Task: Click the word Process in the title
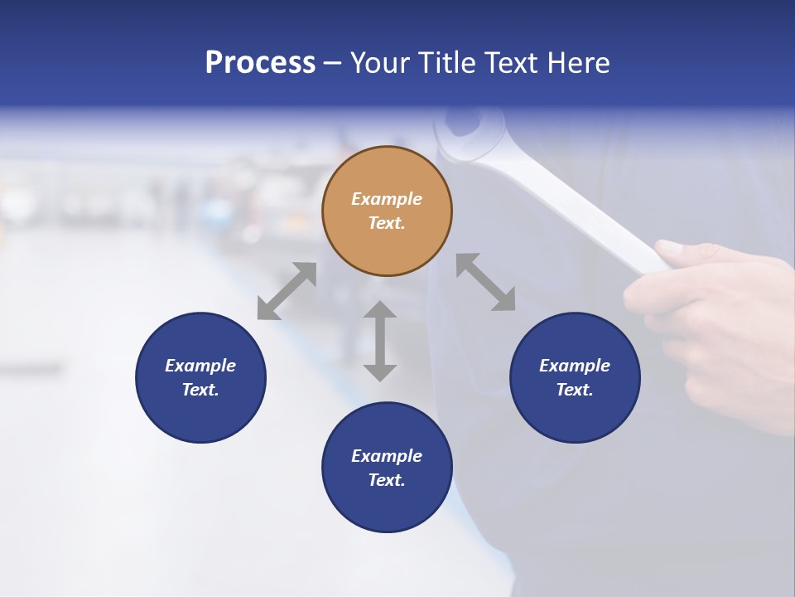(260, 63)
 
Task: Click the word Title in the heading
(447, 63)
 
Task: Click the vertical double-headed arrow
(380, 341)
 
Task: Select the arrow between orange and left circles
(287, 291)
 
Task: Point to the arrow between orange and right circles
(485, 282)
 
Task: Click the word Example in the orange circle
(387, 199)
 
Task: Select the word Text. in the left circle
(200, 390)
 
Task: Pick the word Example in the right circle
(575, 366)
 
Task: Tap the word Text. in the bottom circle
(387, 480)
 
